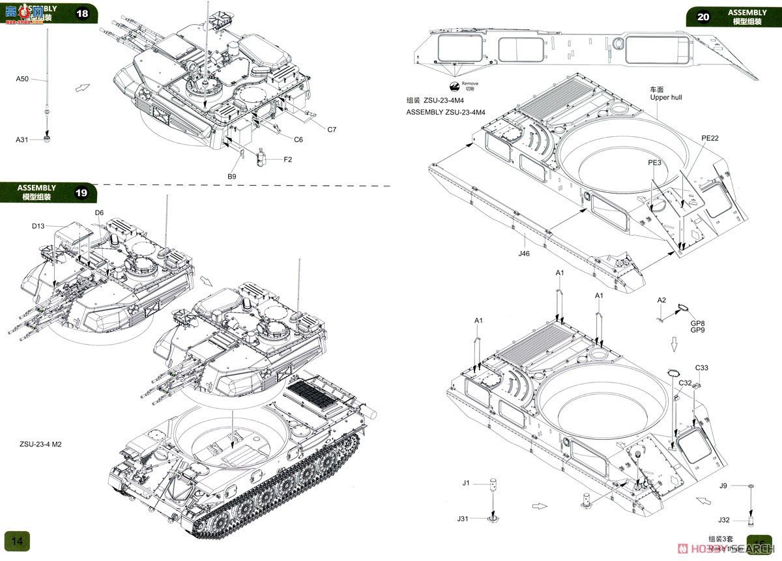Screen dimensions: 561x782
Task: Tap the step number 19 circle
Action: (81, 193)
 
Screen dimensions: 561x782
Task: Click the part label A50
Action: (22, 79)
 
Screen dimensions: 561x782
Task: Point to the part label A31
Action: (22, 139)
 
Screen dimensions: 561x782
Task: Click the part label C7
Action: (332, 130)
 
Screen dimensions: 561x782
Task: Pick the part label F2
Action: (287, 160)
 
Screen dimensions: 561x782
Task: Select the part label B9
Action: (231, 176)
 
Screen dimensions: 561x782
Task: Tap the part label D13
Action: (39, 226)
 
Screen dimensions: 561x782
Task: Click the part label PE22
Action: (710, 138)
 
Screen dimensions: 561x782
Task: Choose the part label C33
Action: (701, 368)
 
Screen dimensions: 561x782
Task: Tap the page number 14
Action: (17, 541)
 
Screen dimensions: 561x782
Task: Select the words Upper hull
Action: (666, 98)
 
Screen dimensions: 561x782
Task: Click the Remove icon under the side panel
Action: (454, 85)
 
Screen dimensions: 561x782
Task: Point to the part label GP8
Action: (698, 323)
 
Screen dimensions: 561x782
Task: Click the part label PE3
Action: (654, 162)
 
